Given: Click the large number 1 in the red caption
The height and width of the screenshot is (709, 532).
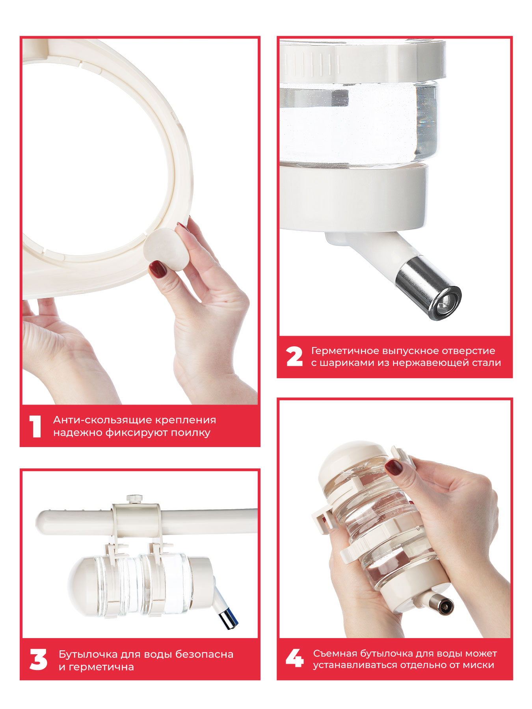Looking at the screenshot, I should click(x=35, y=427).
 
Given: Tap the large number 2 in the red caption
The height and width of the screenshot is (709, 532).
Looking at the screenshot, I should click(x=294, y=356).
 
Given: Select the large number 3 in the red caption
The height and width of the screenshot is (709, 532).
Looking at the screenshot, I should click(x=38, y=660).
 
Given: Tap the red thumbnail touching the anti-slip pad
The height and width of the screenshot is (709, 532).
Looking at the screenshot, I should click(x=158, y=269).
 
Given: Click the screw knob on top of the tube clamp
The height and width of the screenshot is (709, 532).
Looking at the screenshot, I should click(x=134, y=499).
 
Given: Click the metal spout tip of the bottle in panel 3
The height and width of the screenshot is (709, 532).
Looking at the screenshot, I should click(x=229, y=620).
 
